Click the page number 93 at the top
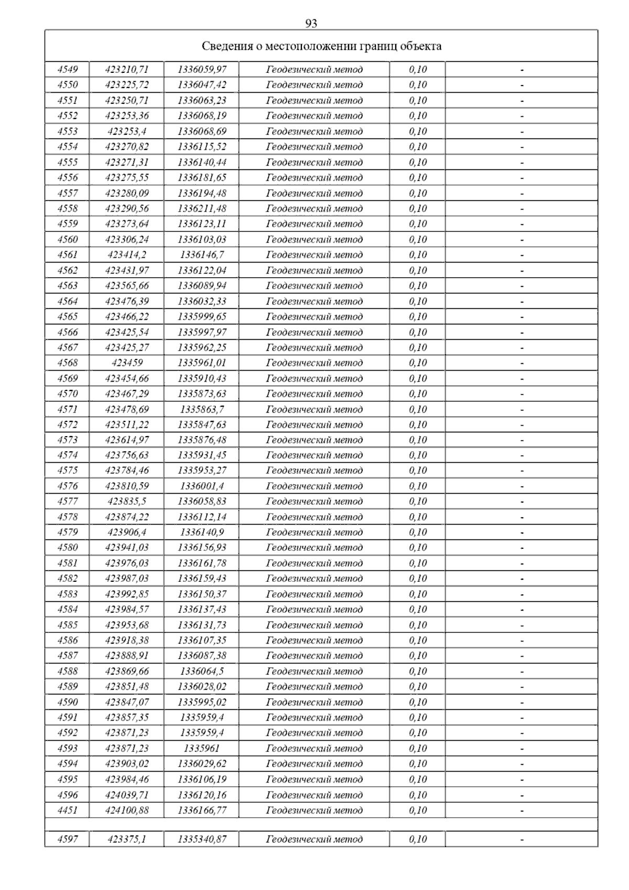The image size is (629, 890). [311, 24]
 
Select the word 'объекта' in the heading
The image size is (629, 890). [420, 46]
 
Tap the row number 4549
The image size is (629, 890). [67, 69]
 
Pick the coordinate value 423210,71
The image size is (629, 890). [127, 69]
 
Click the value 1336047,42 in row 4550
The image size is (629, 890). [202, 85]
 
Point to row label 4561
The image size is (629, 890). [67, 255]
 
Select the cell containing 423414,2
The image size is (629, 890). [127, 255]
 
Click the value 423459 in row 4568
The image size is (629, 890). [127, 363]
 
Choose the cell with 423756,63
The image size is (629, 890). [127, 455]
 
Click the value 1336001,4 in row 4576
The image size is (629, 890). [202, 486]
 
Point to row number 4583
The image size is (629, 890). [67, 594]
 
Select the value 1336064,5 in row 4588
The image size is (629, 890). [202, 671]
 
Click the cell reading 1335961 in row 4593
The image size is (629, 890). [202, 748]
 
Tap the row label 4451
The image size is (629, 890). [67, 810]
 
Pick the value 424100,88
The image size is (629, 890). [127, 810]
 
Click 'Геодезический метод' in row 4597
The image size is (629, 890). [314, 839]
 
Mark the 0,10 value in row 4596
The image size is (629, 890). [418, 795]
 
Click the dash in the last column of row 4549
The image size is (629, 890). [522, 70]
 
